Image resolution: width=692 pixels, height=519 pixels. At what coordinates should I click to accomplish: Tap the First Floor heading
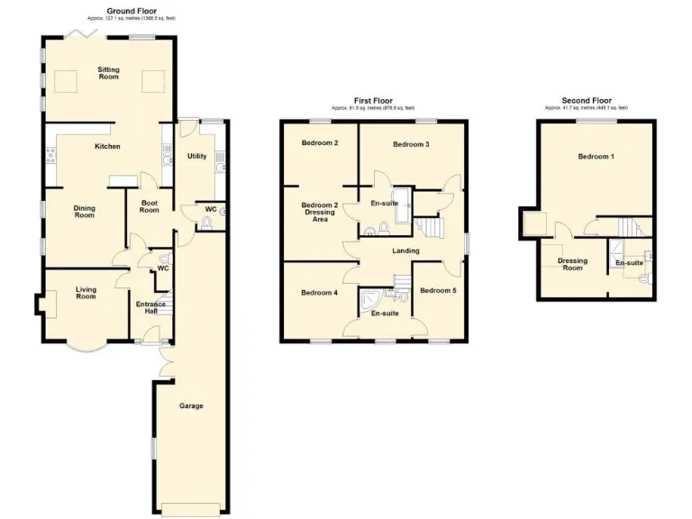point(373,101)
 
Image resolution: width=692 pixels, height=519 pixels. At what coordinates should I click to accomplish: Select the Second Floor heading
point(587,101)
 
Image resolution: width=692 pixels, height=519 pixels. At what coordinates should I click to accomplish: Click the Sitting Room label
point(109,73)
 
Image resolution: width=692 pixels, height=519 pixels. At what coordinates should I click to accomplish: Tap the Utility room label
point(196,156)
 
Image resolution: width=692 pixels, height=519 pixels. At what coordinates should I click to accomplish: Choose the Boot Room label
point(150,206)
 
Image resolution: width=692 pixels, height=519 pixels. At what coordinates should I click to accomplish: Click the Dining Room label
point(84,212)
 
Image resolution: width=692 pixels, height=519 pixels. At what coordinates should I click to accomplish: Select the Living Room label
point(86,292)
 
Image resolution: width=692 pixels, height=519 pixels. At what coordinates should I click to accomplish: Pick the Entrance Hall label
point(150,308)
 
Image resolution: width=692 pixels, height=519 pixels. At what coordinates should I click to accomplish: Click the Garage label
point(191,405)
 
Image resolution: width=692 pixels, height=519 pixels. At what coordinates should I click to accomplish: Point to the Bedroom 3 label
point(411,144)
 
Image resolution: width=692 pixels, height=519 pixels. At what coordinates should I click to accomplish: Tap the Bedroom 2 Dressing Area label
point(320,212)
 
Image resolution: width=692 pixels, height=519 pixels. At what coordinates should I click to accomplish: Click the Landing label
point(406,250)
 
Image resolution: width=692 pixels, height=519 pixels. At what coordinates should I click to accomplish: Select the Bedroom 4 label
point(320,292)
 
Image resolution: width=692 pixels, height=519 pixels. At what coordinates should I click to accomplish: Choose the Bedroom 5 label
point(439,290)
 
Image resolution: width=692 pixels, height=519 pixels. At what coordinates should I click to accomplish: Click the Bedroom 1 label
point(596,157)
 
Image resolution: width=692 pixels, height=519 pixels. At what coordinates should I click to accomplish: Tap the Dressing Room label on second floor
point(572,264)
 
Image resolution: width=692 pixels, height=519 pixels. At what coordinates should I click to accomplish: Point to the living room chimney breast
point(39,306)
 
